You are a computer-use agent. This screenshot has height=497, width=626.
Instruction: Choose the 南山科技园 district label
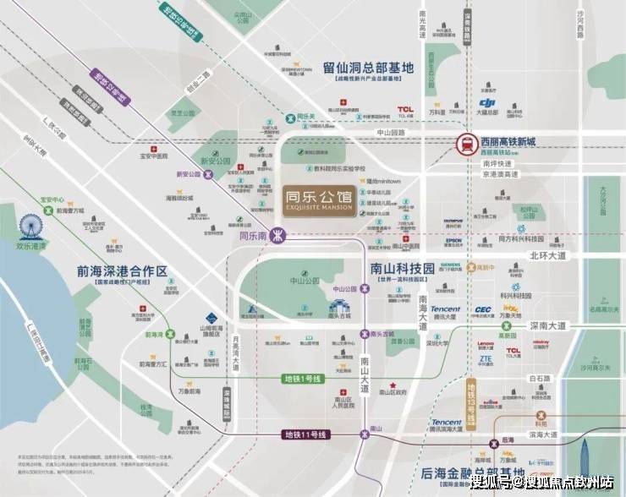(x=402, y=268)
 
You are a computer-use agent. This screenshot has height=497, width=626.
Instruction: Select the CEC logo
(x=483, y=310)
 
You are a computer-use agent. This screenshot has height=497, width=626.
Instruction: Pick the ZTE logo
(x=485, y=358)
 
